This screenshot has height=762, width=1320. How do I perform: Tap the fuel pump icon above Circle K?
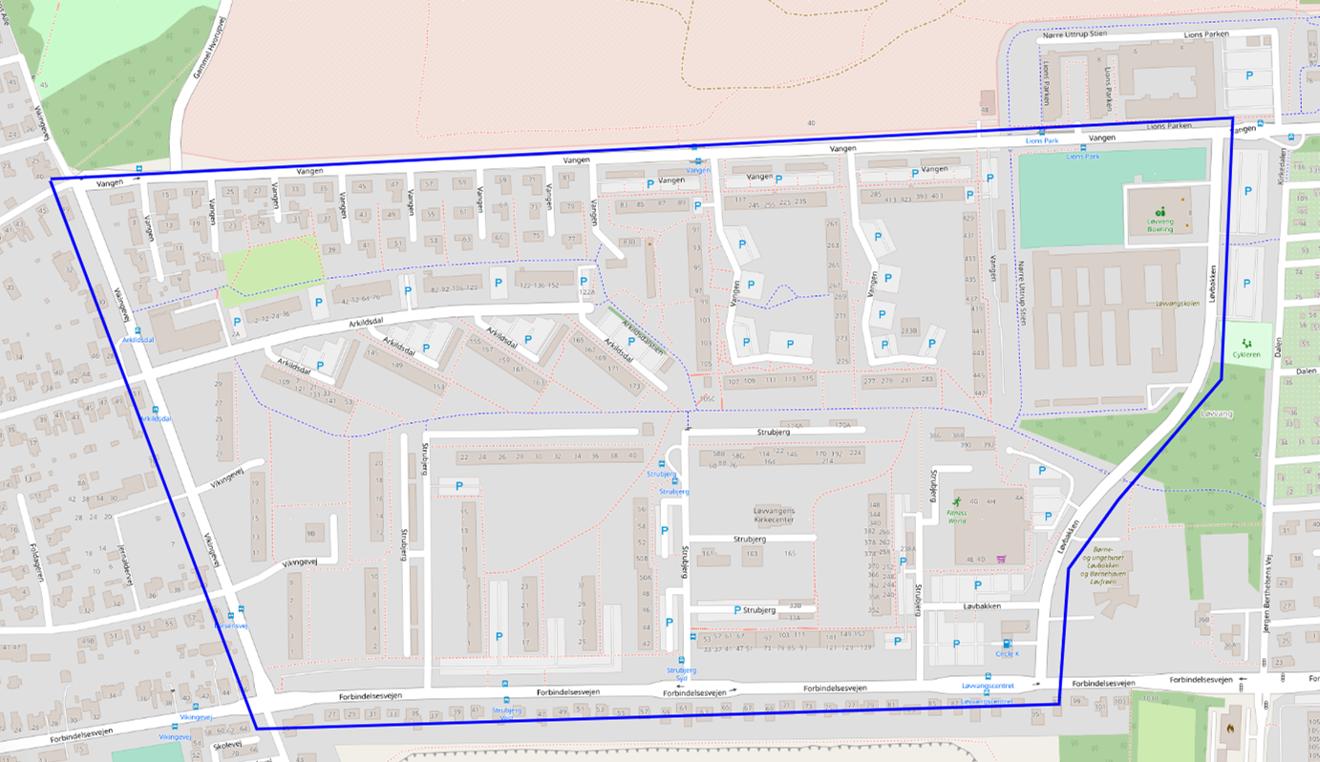coord(1006,644)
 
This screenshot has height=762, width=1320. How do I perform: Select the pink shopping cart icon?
coord(1000,560)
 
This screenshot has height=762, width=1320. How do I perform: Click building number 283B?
coord(908,330)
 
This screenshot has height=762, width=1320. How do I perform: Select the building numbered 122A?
coord(585,293)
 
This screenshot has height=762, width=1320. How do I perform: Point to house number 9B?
coord(310,533)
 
